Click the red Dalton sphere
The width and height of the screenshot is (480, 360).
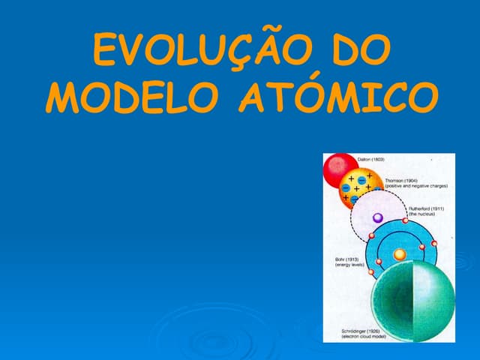340,170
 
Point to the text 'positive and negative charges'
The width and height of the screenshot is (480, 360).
416,186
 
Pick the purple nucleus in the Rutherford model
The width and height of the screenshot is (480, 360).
378,217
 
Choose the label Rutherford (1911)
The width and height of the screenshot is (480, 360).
426,208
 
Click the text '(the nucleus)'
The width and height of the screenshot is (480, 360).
421,214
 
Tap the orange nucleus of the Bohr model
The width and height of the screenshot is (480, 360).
400,254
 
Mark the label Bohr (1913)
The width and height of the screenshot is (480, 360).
346,259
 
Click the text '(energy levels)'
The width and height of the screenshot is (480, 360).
348,264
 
